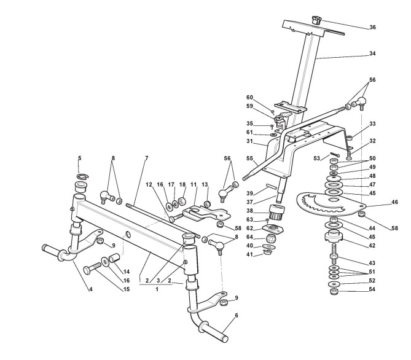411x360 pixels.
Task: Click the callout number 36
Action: point(372,27)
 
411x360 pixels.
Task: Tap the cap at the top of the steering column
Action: point(316,20)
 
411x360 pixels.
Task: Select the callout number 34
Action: point(372,53)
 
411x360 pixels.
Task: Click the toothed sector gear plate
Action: point(332,204)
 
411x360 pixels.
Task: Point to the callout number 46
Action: point(394,202)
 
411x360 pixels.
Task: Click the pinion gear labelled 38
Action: point(277,211)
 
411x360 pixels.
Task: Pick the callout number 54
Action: point(372,289)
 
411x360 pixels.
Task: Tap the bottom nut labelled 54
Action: point(334,291)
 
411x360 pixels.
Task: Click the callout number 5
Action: point(80,158)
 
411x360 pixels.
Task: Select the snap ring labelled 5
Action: point(83,176)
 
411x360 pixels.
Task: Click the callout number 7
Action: point(147,158)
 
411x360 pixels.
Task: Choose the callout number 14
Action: point(127,272)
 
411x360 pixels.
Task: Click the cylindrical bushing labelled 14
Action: point(114,257)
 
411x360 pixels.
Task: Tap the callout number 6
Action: point(237,316)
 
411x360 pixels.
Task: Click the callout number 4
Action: point(91,289)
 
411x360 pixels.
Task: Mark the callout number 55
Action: point(250,158)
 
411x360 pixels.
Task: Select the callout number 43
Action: point(372,264)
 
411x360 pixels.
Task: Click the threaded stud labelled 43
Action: point(334,254)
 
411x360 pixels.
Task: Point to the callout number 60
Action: point(249,98)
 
